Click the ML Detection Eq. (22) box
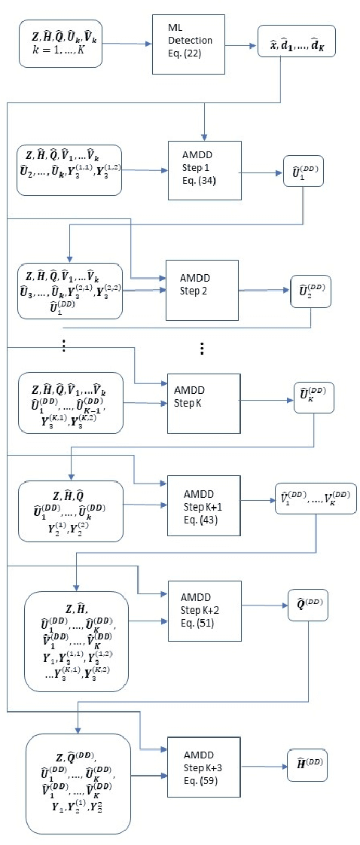point(188,44)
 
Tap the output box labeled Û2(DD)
point(310,291)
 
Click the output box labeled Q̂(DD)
point(308,604)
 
